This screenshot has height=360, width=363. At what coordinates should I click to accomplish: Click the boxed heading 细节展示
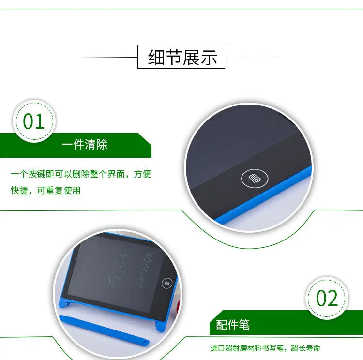pyautogui.click(x=181, y=57)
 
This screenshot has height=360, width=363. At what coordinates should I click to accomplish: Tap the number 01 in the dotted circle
pyautogui.click(x=34, y=121)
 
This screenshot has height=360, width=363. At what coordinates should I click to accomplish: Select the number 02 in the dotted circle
pyautogui.click(x=327, y=299)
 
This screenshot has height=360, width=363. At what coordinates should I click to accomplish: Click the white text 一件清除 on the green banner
pyautogui.click(x=85, y=144)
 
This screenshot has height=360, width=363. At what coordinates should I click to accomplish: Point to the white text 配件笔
pyautogui.click(x=233, y=325)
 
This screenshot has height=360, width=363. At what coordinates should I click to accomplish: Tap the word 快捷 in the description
pyautogui.click(x=20, y=190)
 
